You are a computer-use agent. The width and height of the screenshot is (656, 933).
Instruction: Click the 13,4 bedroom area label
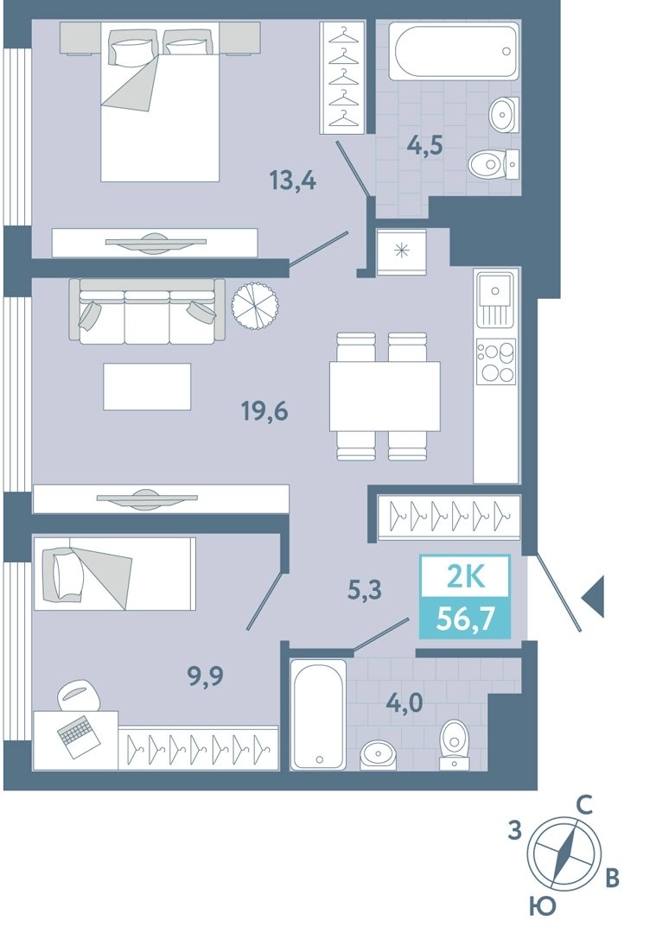pyautogui.click(x=293, y=180)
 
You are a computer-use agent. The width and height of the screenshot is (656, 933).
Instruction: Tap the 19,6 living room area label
pyautogui.click(x=264, y=410)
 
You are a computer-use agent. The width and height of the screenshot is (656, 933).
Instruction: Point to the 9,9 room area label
pyautogui.click(x=206, y=676)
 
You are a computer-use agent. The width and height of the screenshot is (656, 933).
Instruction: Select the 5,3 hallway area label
pyautogui.click(x=365, y=590)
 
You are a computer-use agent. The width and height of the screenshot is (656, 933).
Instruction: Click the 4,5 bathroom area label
pyautogui.click(x=424, y=144)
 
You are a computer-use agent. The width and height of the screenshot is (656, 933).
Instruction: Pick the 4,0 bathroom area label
pyautogui.click(x=404, y=703)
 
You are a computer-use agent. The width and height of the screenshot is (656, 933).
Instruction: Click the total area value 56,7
pyautogui.click(x=465, y=619)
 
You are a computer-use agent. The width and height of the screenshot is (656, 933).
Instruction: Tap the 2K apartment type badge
pyautogui.click(x=466, y=577)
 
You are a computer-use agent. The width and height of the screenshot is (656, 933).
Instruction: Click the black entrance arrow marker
pyautogui.click(x=593, y=596)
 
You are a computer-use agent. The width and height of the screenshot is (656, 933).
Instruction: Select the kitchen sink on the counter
pyautogui.click(x=494, y=299)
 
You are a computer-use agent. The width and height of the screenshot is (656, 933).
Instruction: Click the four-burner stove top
pyautogui.click(x=496, y=361)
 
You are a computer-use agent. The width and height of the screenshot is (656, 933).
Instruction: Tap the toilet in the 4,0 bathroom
pyautogui.click(x=455, y=745)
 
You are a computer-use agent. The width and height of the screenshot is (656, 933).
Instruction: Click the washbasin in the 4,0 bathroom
pyautogui.click(x=378, y=755)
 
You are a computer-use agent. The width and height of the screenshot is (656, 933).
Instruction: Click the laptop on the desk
pyautogui.click(x=75, y=735)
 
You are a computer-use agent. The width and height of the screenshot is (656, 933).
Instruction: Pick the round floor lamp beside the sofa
pyautogui.click(x=256, y=305)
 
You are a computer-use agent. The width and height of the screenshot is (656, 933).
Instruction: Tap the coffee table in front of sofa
pyautogui.click(x=147, y=387)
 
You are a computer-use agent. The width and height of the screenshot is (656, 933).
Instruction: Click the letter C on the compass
pyautogui.click(x=584, y=806)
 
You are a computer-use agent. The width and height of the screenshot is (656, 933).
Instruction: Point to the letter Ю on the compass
pyautogui.click(x=542, y=906)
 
